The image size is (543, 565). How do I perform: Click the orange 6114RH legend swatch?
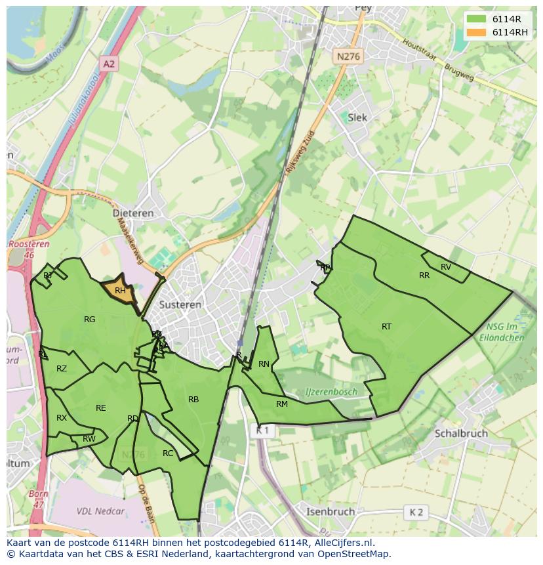[x=477, y=32]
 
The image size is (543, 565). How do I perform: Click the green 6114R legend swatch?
[x=477, y=19]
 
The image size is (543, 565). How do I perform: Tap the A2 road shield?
[x=108, y=64]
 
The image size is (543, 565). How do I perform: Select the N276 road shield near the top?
[x=348, y=57]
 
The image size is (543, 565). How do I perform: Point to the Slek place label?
[x=357, y=117]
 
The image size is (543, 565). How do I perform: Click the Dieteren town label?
[x=132, y=213]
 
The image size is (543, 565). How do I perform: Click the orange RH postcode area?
[x=121, y=291]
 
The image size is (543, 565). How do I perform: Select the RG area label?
[x=90, y=320]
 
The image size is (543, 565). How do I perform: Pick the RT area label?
[x=386, y=326]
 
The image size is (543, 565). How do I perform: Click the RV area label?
[x=446, y=266]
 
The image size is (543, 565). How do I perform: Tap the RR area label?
[x=424, y=276]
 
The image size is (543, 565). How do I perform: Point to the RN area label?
[x=264, y=364]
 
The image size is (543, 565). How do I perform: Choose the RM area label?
[x=282, y=404]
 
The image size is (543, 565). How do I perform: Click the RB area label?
[x=193, y=399]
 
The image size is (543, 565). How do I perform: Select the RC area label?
[x=168, y=453]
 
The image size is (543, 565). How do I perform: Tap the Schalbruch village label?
[x=460, y=434]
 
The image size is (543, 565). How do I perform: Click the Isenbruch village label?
[x=331, y=511]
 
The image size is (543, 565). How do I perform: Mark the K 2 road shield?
[x=416, y=512]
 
